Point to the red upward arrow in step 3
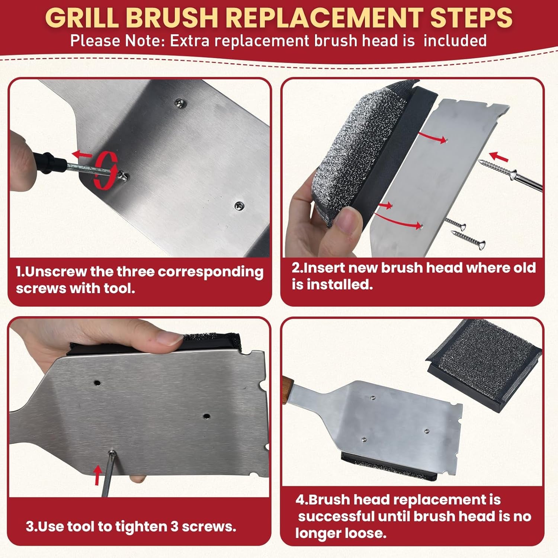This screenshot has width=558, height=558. click(97, 475)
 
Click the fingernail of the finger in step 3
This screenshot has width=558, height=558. click(169, 338)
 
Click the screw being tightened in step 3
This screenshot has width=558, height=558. click(112, 452)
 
